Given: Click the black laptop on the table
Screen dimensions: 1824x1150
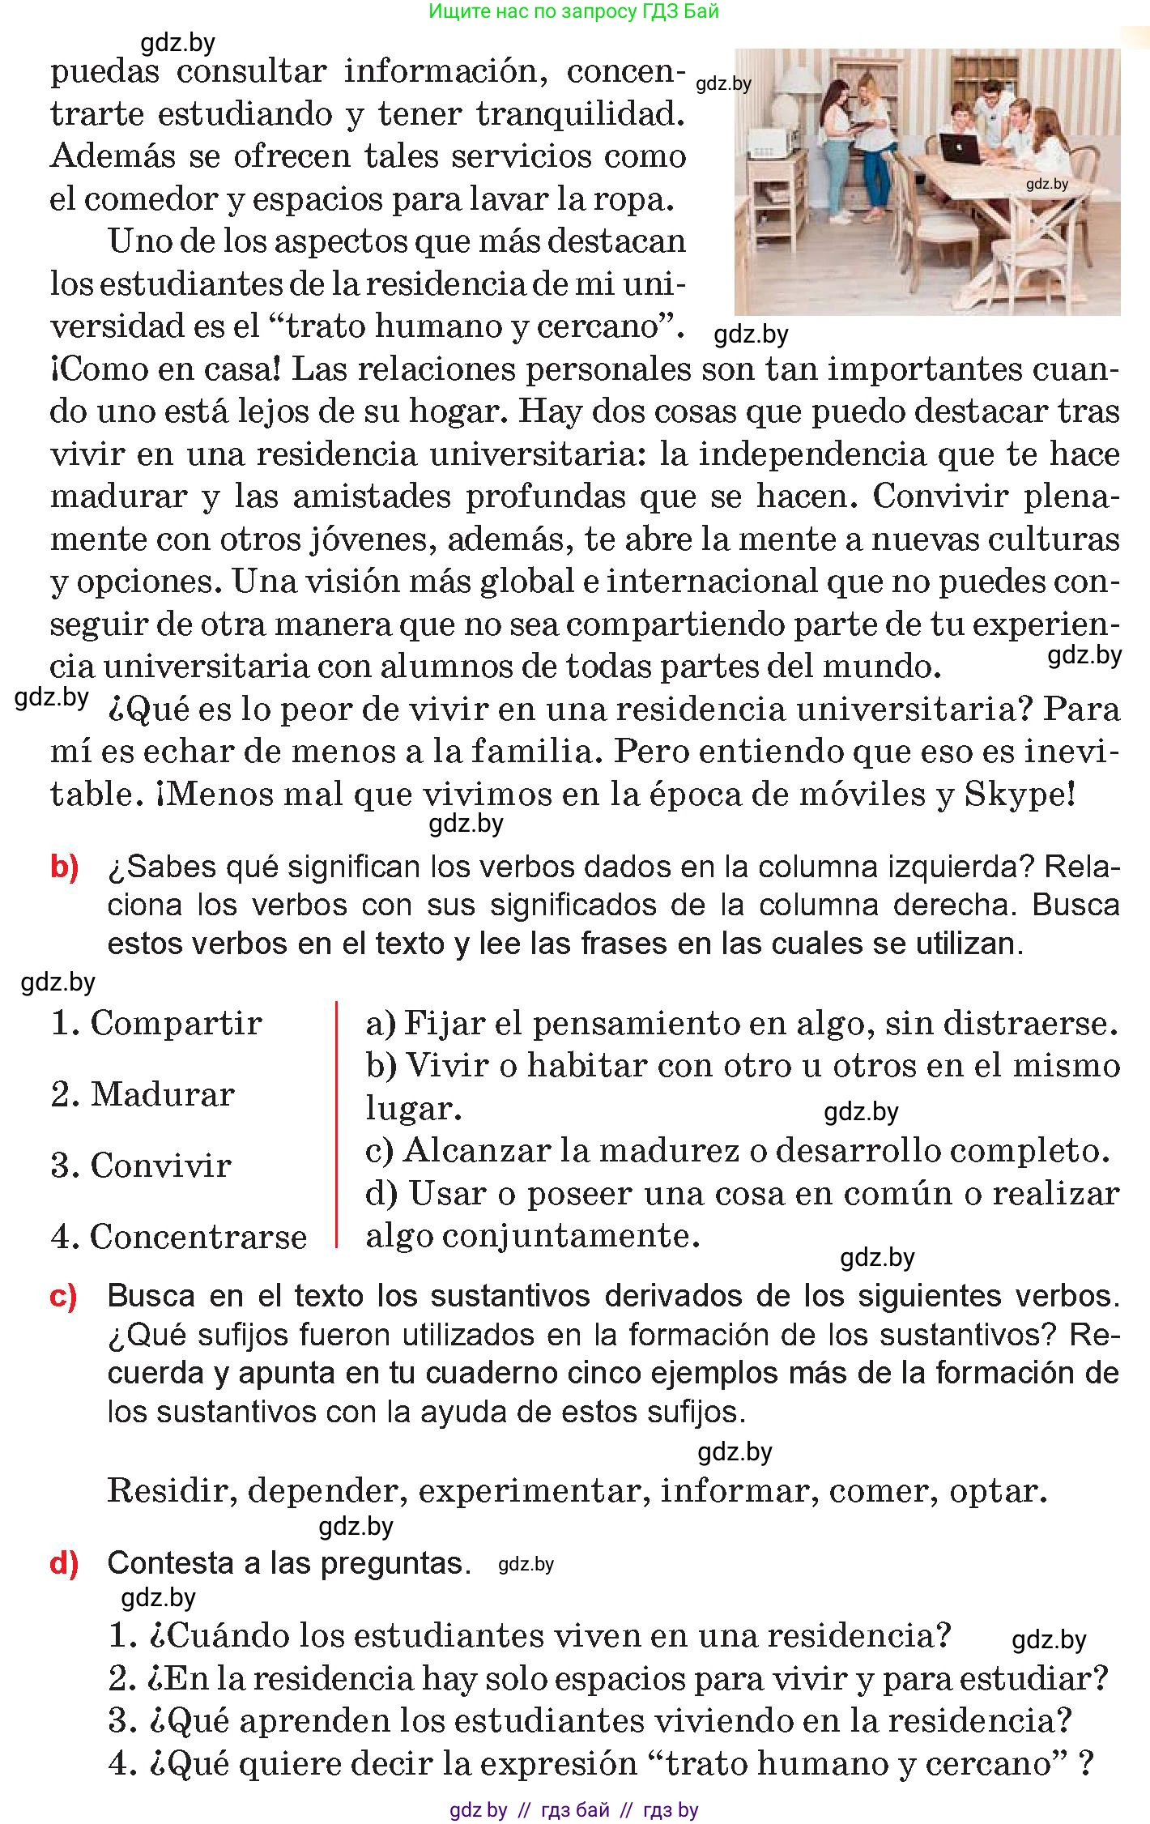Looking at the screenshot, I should point(960,148).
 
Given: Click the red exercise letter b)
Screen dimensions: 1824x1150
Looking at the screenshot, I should point(65,867).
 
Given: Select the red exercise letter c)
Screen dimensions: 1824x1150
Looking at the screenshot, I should point(64,1297).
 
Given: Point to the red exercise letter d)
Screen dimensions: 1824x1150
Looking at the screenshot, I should point(65,1563).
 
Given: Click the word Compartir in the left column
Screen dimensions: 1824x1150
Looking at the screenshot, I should point(176,1024).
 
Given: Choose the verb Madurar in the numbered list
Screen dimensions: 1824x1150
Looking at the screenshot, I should point(162,1095).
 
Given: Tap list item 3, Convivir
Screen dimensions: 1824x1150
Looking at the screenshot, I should point(160,1166).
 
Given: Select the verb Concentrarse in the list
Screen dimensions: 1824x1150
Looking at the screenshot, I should point(198,1238).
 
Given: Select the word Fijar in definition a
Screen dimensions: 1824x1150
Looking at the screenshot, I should point(443,1024).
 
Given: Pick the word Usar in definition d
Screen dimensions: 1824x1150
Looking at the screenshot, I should point(446,1193).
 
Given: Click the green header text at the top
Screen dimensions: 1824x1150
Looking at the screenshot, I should point(573,11).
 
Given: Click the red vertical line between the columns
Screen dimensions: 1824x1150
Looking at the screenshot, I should point(336,1125).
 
